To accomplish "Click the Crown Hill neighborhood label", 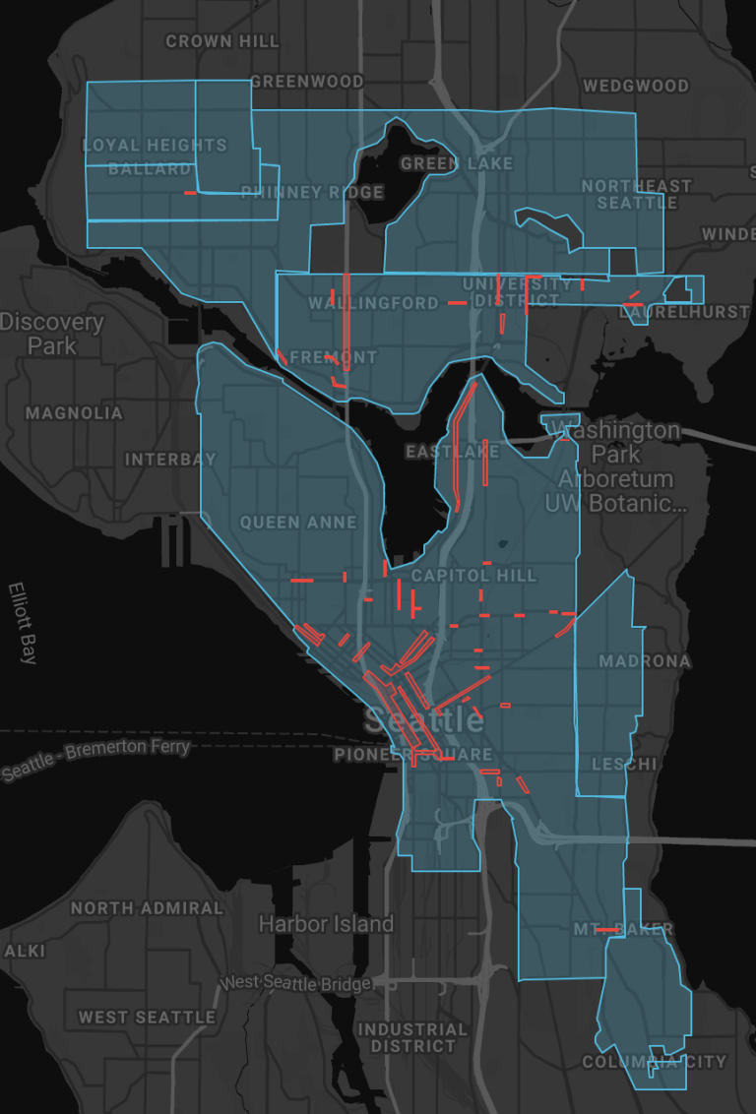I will tap(222, 41).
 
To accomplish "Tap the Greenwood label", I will tap(307, 81).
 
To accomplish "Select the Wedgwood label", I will tap(636, 86).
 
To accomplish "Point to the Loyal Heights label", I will tap(155, 145).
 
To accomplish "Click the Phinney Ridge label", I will tap(312, 192).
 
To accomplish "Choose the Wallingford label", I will tap(373, 303).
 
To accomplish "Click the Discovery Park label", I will tap(52, 334).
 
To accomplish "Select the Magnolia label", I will tap(74, 413).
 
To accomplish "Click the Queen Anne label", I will tap(298, 522).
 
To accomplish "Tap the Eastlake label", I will tap(453, 452).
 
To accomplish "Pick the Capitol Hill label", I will tap(474, 575).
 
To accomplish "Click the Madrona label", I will tap(645, 661).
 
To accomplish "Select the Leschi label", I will tap(624, 764).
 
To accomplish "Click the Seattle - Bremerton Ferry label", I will tap(94, 759).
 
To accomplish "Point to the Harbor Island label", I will tap(326, 924).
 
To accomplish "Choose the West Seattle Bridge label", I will tap(296, 983).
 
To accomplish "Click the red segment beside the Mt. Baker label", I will tap(606, 930).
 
